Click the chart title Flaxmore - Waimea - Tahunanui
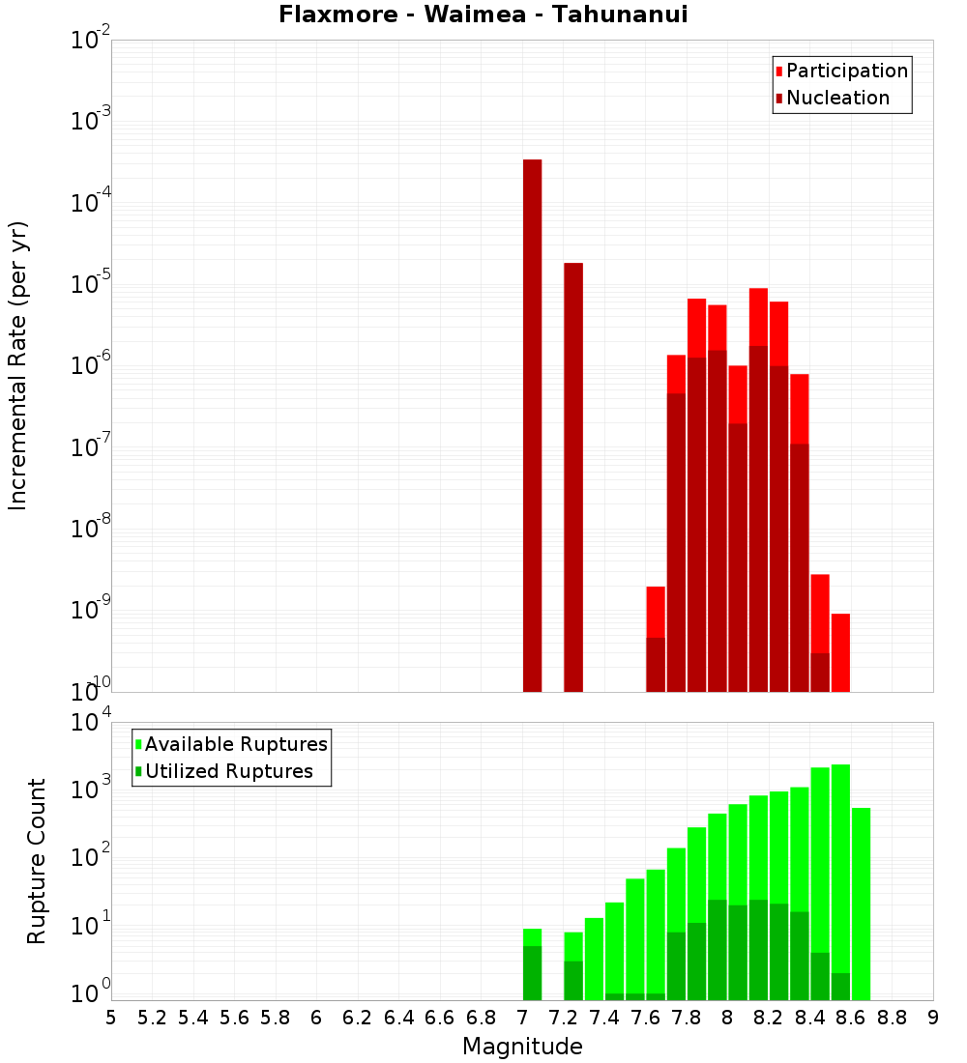click(483, 15)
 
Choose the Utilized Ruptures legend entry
click(228, 771)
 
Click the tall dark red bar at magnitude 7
click(532, 425)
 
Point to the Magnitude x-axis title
click(522, 1047)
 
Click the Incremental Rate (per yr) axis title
click(18, 366)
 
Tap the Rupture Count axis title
click(37, 861)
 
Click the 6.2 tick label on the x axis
click(358, 1018)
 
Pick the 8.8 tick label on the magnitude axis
click(893, 1018)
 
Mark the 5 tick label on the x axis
click(111, 1018)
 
